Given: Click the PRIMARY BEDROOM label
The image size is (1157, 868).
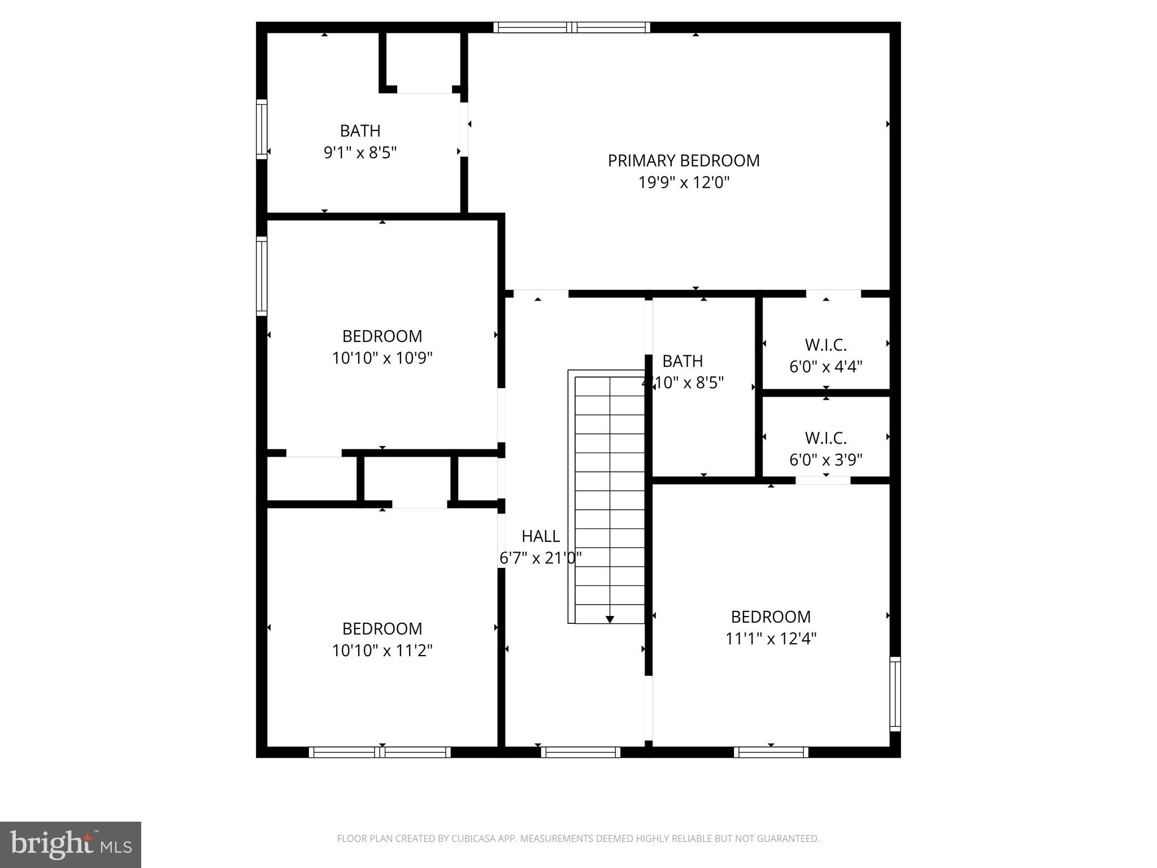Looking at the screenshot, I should point(684,161).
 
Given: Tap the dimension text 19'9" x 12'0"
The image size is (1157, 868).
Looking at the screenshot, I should point(684,183).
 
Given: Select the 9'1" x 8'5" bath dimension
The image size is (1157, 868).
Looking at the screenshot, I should point(360,153).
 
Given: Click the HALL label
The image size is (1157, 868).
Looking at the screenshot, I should point(541,536).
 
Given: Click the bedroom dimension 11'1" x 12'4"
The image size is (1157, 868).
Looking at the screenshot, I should point(771,639).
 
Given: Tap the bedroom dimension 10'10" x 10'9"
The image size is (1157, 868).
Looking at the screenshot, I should point(382,358).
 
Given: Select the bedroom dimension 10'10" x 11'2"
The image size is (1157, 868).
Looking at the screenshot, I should point(382,651).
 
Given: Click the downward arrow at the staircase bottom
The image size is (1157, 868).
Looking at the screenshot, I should point(610,619).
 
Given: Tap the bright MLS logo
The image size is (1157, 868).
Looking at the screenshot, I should point(70,845).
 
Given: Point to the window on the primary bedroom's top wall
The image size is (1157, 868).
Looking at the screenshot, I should point(572,27).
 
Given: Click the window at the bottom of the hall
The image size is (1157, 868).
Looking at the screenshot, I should point(580,752).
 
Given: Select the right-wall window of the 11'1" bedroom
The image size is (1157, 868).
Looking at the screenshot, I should point(895,694).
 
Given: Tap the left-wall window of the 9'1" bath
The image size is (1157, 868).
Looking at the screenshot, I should point(262,129).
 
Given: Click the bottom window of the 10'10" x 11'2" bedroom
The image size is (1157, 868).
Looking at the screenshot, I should point(380,752).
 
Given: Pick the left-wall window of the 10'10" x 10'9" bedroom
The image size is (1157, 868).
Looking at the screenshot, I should point(262,276).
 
